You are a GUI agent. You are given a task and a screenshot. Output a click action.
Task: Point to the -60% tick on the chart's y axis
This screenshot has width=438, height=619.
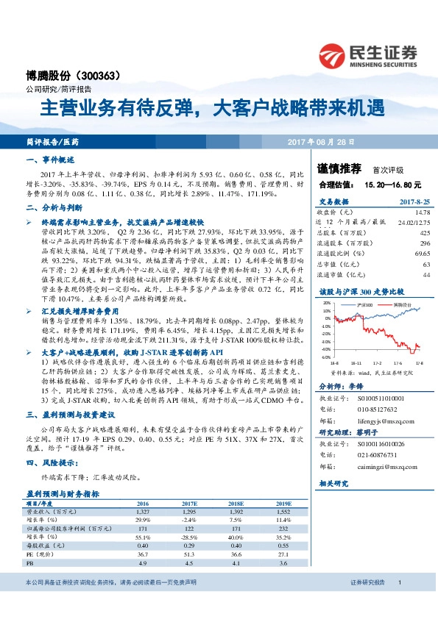326,357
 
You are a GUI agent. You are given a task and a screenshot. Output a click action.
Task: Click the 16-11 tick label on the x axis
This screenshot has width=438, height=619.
357,362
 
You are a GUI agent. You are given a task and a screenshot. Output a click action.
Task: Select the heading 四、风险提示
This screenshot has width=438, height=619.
49,462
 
